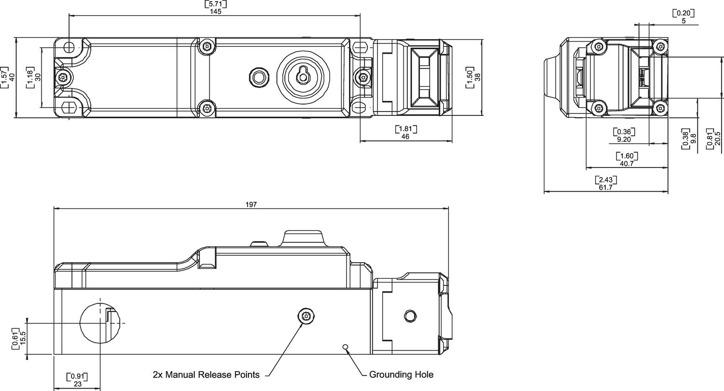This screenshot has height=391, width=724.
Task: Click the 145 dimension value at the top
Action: coord(216,12)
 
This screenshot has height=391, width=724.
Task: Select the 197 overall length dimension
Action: coord(251,205)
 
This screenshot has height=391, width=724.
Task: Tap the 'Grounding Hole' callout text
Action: coord(401,375)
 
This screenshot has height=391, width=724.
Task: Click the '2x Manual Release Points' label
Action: coord(206,375)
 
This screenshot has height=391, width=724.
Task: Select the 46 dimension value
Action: coord(405,137)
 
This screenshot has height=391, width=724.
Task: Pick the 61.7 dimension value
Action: coord(606,187)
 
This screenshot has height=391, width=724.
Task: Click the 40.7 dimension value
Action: coord(627,164)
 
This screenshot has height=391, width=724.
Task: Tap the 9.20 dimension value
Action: coord(624,140)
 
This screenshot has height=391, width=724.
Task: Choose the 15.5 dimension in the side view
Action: coord(23,338)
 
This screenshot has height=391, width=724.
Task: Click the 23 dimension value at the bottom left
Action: coord(78,384)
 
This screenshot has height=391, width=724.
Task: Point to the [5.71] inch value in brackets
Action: coord(216,4)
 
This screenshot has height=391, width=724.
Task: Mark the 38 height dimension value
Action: coord(478,77)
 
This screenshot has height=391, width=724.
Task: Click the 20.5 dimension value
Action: coord(718,139)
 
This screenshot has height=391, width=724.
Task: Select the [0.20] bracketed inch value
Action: coord(683,13)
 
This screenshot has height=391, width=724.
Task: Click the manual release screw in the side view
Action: coord(306,316)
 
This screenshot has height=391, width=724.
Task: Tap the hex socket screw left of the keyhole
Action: coord(259,77)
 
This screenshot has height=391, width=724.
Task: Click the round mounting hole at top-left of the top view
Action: coord(69,47)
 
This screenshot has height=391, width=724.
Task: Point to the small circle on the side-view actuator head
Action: coord(409,316)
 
